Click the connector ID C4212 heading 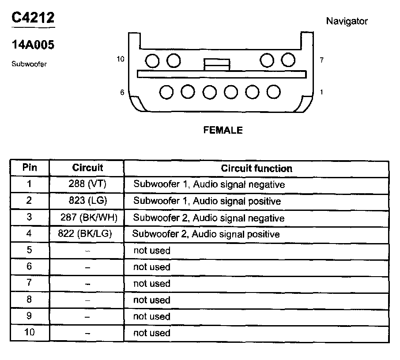click(x=33, y=18)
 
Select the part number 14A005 click(x=33, y=45)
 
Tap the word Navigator click(x=347, y=21)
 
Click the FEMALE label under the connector click(x=223, y=130)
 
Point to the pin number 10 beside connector click(x=121, y=59)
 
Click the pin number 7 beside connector click(x=321, y=60)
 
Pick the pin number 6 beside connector click(x=122, y=92)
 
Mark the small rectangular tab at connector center click(x=217, y=64)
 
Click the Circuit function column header click(x=257, y=168)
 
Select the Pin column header click(x=30, y=168)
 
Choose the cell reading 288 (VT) click(x=87, y=184)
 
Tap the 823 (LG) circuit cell click(x=87, y=201)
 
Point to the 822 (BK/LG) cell click(x=85, y=234)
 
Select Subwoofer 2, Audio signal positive click(x=206, y=234)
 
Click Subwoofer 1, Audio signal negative click(x=209, y=184)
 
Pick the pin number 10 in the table click(x=30, y=332)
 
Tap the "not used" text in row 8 click(x=151, y=300)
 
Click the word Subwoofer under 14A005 click(x=29, y=64)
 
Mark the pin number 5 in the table click(x=30, y=250)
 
